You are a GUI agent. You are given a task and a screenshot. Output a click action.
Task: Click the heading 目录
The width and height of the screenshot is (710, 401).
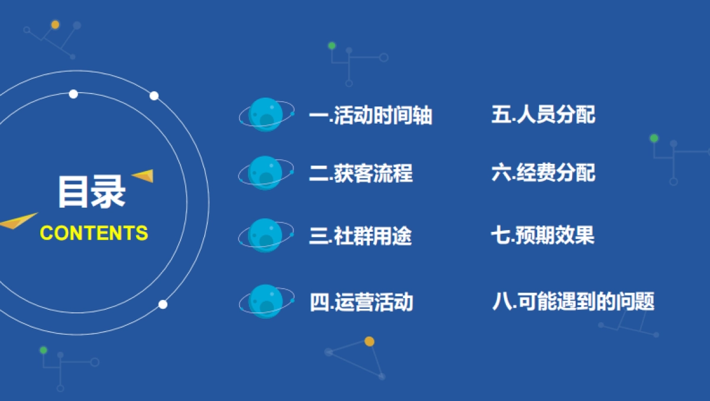click(x=92, y=192)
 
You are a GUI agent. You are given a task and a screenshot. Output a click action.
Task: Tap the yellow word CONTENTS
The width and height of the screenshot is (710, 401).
click(x=93, y=233)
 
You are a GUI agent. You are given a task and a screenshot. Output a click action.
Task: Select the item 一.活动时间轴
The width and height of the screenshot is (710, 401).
click(x=370, y=115)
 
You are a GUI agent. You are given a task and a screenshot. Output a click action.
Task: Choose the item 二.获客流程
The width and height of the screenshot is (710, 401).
click(x=360, y=173)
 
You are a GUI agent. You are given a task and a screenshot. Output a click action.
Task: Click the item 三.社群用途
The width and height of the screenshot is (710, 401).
click(x=360, y=236)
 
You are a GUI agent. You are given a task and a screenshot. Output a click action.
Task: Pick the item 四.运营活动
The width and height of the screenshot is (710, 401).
click(x=361, y=302)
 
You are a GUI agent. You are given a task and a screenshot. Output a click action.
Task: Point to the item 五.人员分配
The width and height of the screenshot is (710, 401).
click(x=543, y=114)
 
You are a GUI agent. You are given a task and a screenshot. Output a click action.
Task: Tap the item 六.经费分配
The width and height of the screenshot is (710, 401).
click(x=543, y=173)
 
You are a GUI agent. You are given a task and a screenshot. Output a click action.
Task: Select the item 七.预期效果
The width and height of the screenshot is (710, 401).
click(x=542, y=235)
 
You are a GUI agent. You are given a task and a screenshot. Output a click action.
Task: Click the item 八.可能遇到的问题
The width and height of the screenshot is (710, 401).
click(x=573, y=302)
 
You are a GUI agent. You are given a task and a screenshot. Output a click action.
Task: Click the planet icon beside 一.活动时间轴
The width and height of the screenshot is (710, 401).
click(x=266, y=114)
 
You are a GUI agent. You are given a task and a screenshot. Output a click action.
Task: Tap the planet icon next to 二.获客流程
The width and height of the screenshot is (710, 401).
click(x=266, y=173)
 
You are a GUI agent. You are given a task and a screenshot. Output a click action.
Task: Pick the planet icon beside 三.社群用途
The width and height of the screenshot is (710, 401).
click(x=266, y=235)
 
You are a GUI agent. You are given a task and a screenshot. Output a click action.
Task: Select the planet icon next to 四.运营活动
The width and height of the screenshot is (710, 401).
click(x=266, y=302)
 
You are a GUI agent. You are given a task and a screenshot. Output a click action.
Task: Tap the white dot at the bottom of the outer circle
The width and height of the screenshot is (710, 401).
click(x=163, y=304)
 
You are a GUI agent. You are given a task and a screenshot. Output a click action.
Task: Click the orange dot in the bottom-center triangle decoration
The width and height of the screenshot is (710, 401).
click(x=369, y=341)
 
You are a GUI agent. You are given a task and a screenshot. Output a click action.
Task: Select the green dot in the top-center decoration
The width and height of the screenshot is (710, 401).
click(x=332, y=46)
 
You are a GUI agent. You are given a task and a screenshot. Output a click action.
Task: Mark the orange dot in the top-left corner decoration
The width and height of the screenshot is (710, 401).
click(x=55, y=25)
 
